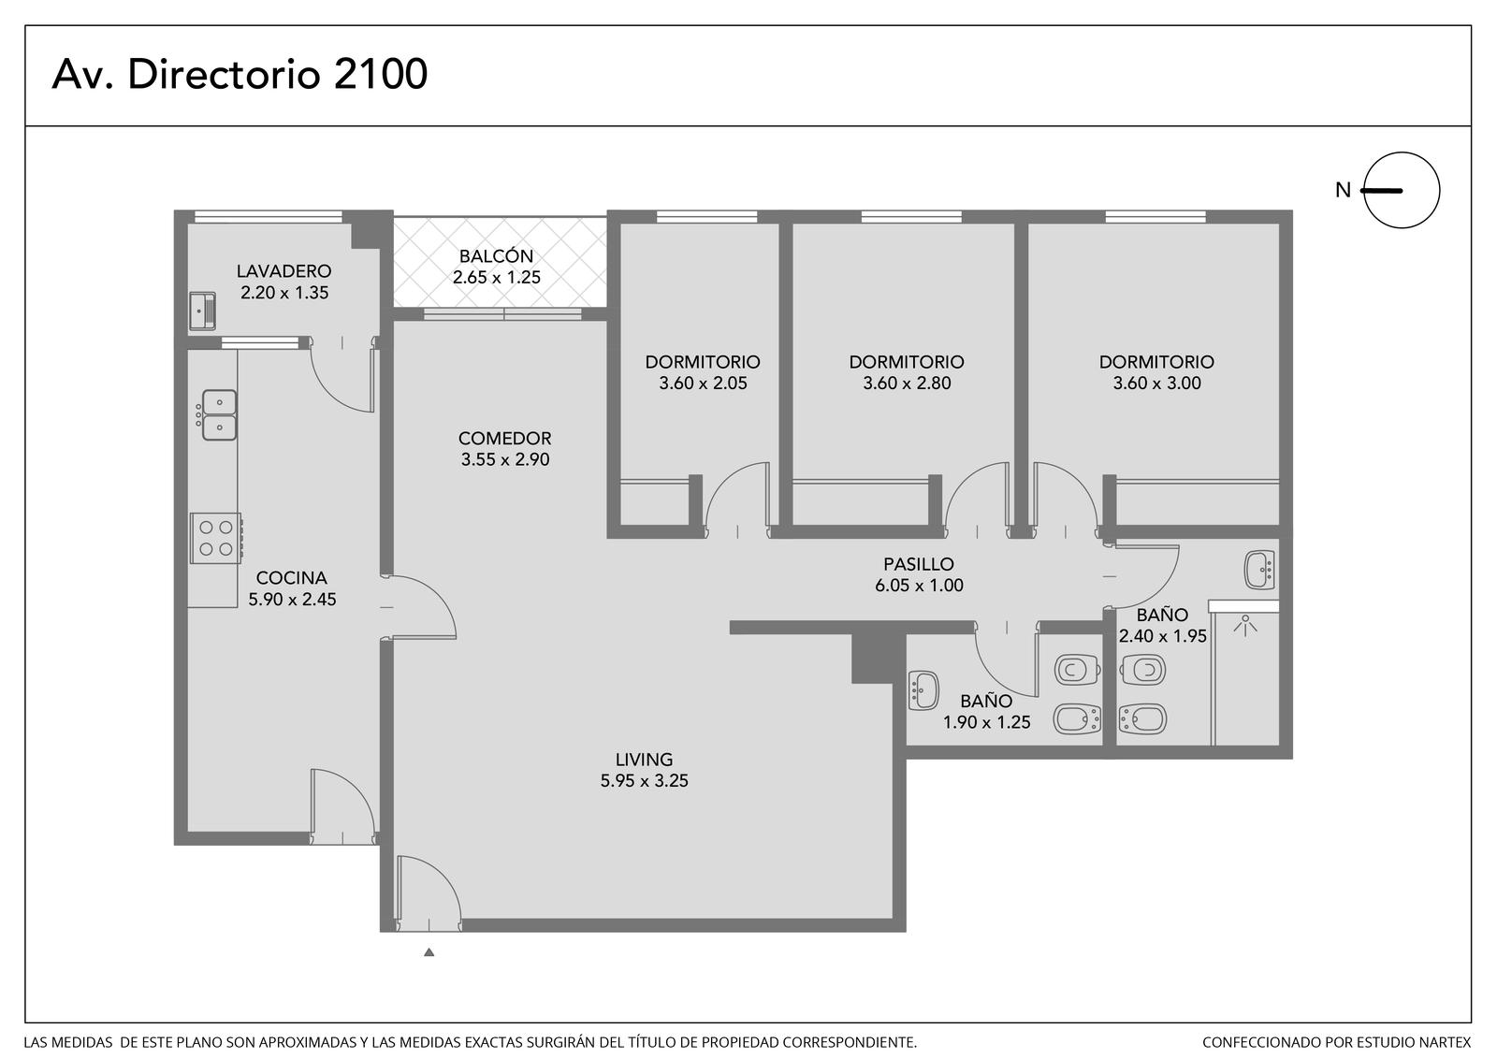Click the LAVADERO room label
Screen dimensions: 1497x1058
284,270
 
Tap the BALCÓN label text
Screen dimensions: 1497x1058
496,255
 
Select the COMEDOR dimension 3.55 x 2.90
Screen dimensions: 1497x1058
505,460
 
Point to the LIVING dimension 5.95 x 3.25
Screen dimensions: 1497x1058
645,780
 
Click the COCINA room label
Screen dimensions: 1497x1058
291,577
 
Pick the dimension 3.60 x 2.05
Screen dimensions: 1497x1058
703,383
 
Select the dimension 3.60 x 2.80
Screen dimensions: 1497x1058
907,383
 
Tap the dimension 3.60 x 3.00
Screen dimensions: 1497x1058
1156,383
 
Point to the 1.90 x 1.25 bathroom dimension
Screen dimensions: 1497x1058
986,722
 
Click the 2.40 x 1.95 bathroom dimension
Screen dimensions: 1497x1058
1163,635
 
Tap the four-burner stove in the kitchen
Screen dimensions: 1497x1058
216,538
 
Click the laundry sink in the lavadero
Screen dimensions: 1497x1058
202,312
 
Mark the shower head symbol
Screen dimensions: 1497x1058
1245,626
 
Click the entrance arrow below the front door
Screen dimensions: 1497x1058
429,951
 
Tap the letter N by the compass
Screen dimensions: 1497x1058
1343,191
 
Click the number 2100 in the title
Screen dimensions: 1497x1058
380,74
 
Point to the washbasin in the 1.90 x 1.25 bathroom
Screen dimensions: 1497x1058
923,690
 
